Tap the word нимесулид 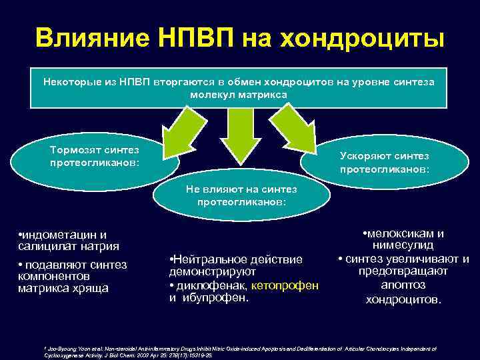403,246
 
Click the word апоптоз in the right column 403,285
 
